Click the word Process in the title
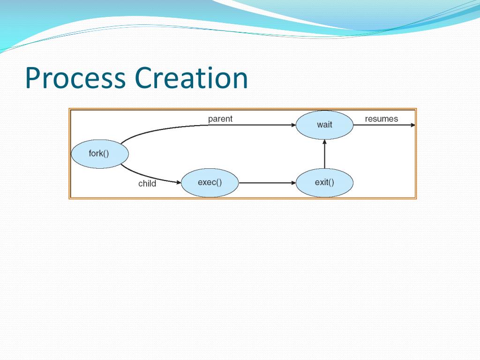(75, 78)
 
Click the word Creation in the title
(191, 78)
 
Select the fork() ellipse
(99, 153)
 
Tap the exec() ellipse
(210, 182)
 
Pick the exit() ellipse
(324, 182)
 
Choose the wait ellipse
(324, 125)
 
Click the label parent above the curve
(220, 119)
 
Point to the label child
(147, 184)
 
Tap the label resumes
(381, 119)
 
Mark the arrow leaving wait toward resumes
(382, 125)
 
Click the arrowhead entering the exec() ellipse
(178, 182)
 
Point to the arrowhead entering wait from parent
(293, 125)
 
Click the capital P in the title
(32, 78)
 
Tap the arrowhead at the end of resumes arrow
(412, 125)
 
